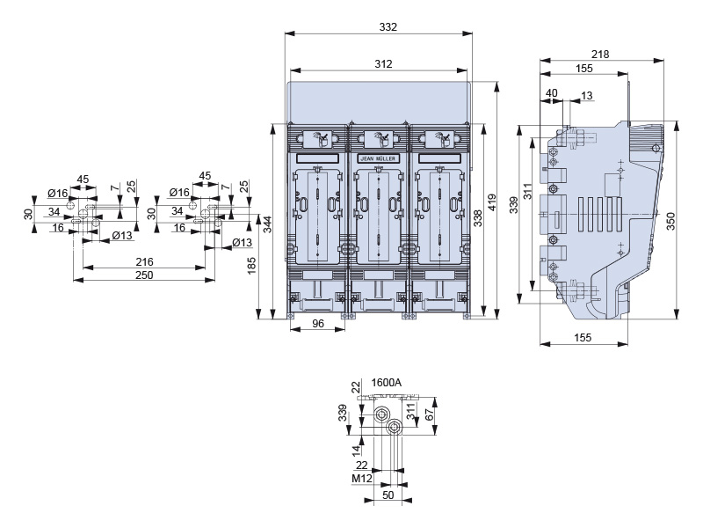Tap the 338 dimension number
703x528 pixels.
click(478, 219)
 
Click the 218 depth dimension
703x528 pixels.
click(600, 54)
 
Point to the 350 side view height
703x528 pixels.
click(670, 222)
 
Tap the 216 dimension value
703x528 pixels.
click(144, 262)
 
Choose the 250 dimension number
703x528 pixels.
click(144, 275)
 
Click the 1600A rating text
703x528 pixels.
click(387, 383)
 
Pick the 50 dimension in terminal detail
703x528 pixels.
click(387, 495)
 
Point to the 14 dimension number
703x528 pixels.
click(356, 449)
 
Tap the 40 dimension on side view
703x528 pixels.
click(552, 93)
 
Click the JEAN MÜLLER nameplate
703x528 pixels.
click(379, 158)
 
